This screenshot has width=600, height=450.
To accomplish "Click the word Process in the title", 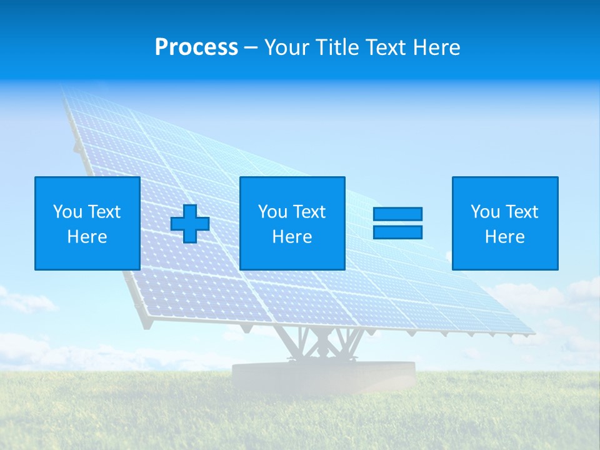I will [x=196, y=47].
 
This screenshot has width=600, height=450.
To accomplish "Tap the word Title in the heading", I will [x=337, y=47].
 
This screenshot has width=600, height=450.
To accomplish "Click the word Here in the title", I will [x=436, y=47].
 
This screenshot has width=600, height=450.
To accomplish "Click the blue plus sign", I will [x=190, y=224].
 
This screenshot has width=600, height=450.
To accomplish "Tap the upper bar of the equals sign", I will [x=397, y=214].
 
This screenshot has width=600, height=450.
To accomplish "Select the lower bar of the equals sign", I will [x=397, y=232].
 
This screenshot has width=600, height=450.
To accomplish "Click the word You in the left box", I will [x=67, y=212].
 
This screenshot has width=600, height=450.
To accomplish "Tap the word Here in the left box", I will [x=87, y=237].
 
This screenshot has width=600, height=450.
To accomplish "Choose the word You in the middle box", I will [x=272, y=212].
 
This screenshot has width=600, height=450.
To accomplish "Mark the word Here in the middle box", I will [x=292, y=237].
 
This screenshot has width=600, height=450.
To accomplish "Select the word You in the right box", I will [x=485, y=212].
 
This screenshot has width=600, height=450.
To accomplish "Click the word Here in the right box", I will [x=504, y=237].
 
